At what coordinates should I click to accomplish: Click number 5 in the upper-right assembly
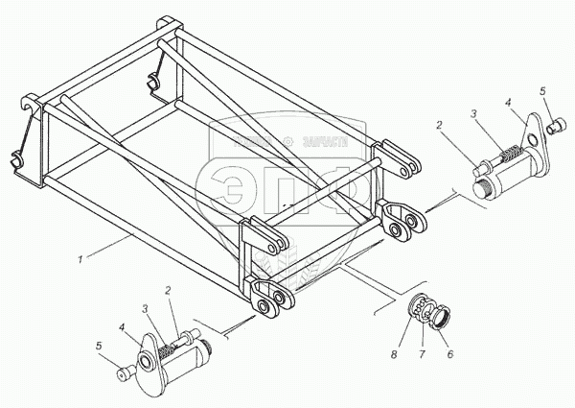pyautogui.click(x=542, y=92)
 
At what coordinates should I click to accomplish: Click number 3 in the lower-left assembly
pyautogui.click(x=146, y=308)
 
